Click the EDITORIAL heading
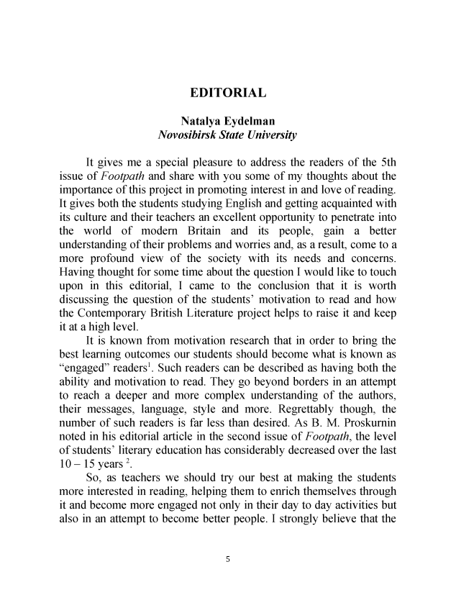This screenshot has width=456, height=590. [228, 93]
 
